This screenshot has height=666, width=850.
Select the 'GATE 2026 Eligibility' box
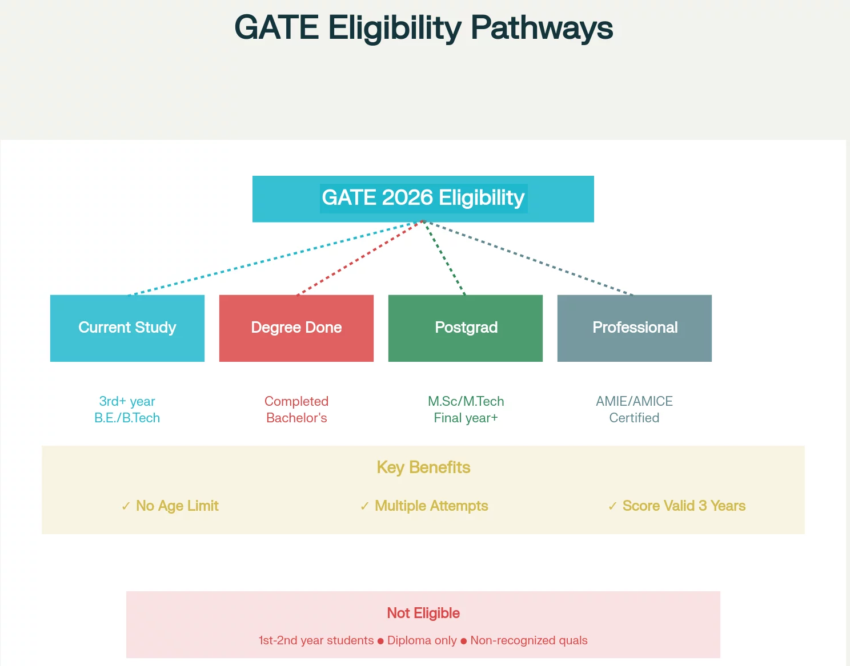[x=423, y=199]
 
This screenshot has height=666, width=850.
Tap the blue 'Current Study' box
[x=127, y=328]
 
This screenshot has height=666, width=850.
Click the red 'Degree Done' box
[x=296, y=328]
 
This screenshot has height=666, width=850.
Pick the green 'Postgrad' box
[x=466, y=328]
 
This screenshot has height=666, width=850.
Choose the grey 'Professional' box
[x=635, y=328]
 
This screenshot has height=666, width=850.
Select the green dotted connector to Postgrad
[x=444, y=259]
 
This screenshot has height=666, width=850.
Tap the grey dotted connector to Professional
[x=528, y=259]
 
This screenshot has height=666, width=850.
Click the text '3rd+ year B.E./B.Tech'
[x=127, y=410]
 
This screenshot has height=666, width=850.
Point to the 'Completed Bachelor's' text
[x=296, y=410]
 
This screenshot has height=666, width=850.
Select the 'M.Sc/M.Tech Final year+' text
[x=466, y=410]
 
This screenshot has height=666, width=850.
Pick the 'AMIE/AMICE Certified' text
[x=634, y=410]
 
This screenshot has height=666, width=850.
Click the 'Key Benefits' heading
[x=423, y=467]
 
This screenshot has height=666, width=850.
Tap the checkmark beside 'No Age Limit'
[x=126, y=506]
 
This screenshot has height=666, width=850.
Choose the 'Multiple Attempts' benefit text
[x=431, y=506]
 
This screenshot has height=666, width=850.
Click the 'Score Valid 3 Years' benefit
[x=684, y=506]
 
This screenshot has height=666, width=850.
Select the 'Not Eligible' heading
[x=423, y=613]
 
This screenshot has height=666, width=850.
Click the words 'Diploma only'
[x=422, y=640]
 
